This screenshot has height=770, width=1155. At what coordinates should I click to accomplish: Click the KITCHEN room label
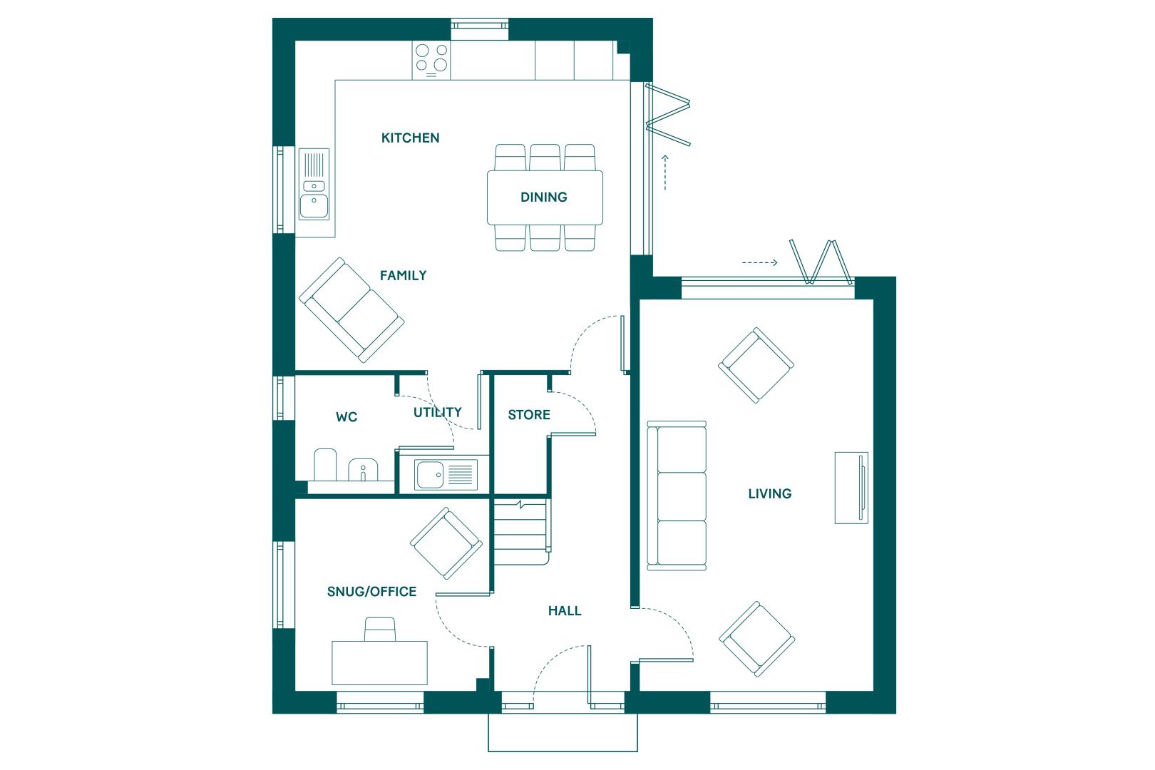click(411, 138)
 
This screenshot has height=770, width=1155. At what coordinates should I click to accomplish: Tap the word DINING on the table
click(544, 197)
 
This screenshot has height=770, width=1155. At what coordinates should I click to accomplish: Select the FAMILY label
click(404, 276)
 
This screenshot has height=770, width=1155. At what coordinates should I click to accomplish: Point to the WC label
click(346, 417)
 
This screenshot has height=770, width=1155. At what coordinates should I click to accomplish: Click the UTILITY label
click(438, 413)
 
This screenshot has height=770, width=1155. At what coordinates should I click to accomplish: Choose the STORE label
click(529, 415)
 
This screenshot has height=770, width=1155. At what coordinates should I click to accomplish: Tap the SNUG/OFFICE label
click(371, 592)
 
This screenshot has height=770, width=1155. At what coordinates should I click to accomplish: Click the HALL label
click(565, 611)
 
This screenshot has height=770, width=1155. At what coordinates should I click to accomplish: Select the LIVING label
click(770, 494)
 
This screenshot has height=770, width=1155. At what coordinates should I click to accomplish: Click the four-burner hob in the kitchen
click(431, 61)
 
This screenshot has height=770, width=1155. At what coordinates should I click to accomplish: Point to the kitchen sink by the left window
click(314, 184)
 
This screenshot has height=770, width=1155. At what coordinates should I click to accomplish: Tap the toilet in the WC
click(325, 465)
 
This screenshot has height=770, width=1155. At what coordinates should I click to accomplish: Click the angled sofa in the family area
click(351, 310)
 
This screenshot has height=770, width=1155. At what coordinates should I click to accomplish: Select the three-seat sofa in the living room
click(677, 496)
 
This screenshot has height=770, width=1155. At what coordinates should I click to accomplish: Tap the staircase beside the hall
click(522, 533)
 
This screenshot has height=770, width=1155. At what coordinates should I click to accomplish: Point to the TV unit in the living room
click(851, 488)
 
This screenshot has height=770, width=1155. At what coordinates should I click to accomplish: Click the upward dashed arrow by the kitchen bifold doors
click(665, 173)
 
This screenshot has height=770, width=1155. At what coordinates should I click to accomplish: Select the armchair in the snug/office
click(446, 543)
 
